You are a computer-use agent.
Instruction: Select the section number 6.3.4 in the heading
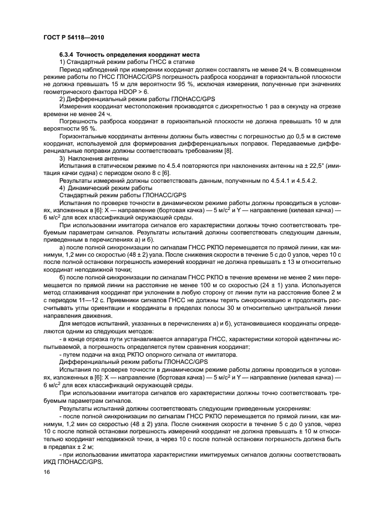(x=67, y=55)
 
